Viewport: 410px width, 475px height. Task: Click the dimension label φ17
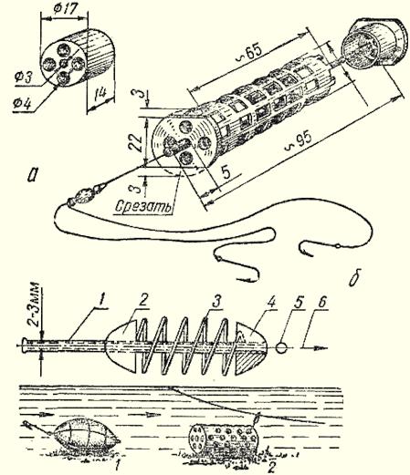pyautogui.click(x=65, y=9)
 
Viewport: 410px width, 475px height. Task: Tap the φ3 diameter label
pyautogui.click(x=24, y=77)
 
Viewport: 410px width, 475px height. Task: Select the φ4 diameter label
pyautogui.click(x=22, y=104)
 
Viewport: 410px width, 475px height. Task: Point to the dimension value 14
pyautogui.click(x=100, y=92)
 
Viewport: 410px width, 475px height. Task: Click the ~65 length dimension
pyautogui.click(x=252, y=50)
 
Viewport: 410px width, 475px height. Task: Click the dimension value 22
pyautogui.click(x=135, y=142)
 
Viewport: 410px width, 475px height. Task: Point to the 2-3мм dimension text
pyautogui.click(x=35, y=305)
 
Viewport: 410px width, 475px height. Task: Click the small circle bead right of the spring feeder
pyautogui.click(x=282, y=347)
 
